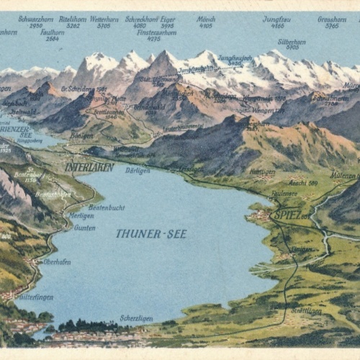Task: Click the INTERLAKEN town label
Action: point(89,167)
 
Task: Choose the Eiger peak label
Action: point(167,19)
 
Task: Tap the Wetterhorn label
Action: point(104,19)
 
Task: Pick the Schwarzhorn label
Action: point(35,19)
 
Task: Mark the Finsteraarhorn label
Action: point(156,32)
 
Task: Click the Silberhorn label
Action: point(291,41)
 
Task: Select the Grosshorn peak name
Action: point(331,19)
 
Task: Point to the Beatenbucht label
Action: point(107,207)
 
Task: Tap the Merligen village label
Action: point(81,215)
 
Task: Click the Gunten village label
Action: point(84,228)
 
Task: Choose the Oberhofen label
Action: point(56,262)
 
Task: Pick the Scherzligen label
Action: point(136,318)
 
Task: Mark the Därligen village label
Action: point(137,171)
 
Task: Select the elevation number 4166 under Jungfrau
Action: point(276,26)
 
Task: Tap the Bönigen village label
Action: point(81,135)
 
